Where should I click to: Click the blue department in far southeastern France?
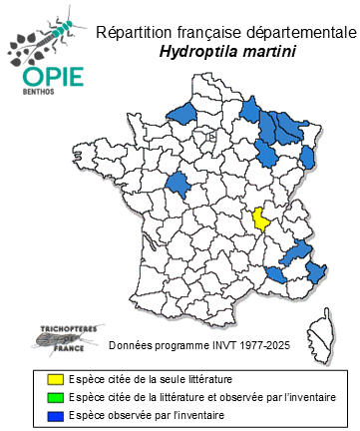pyautogui.click(x=316, y=271)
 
